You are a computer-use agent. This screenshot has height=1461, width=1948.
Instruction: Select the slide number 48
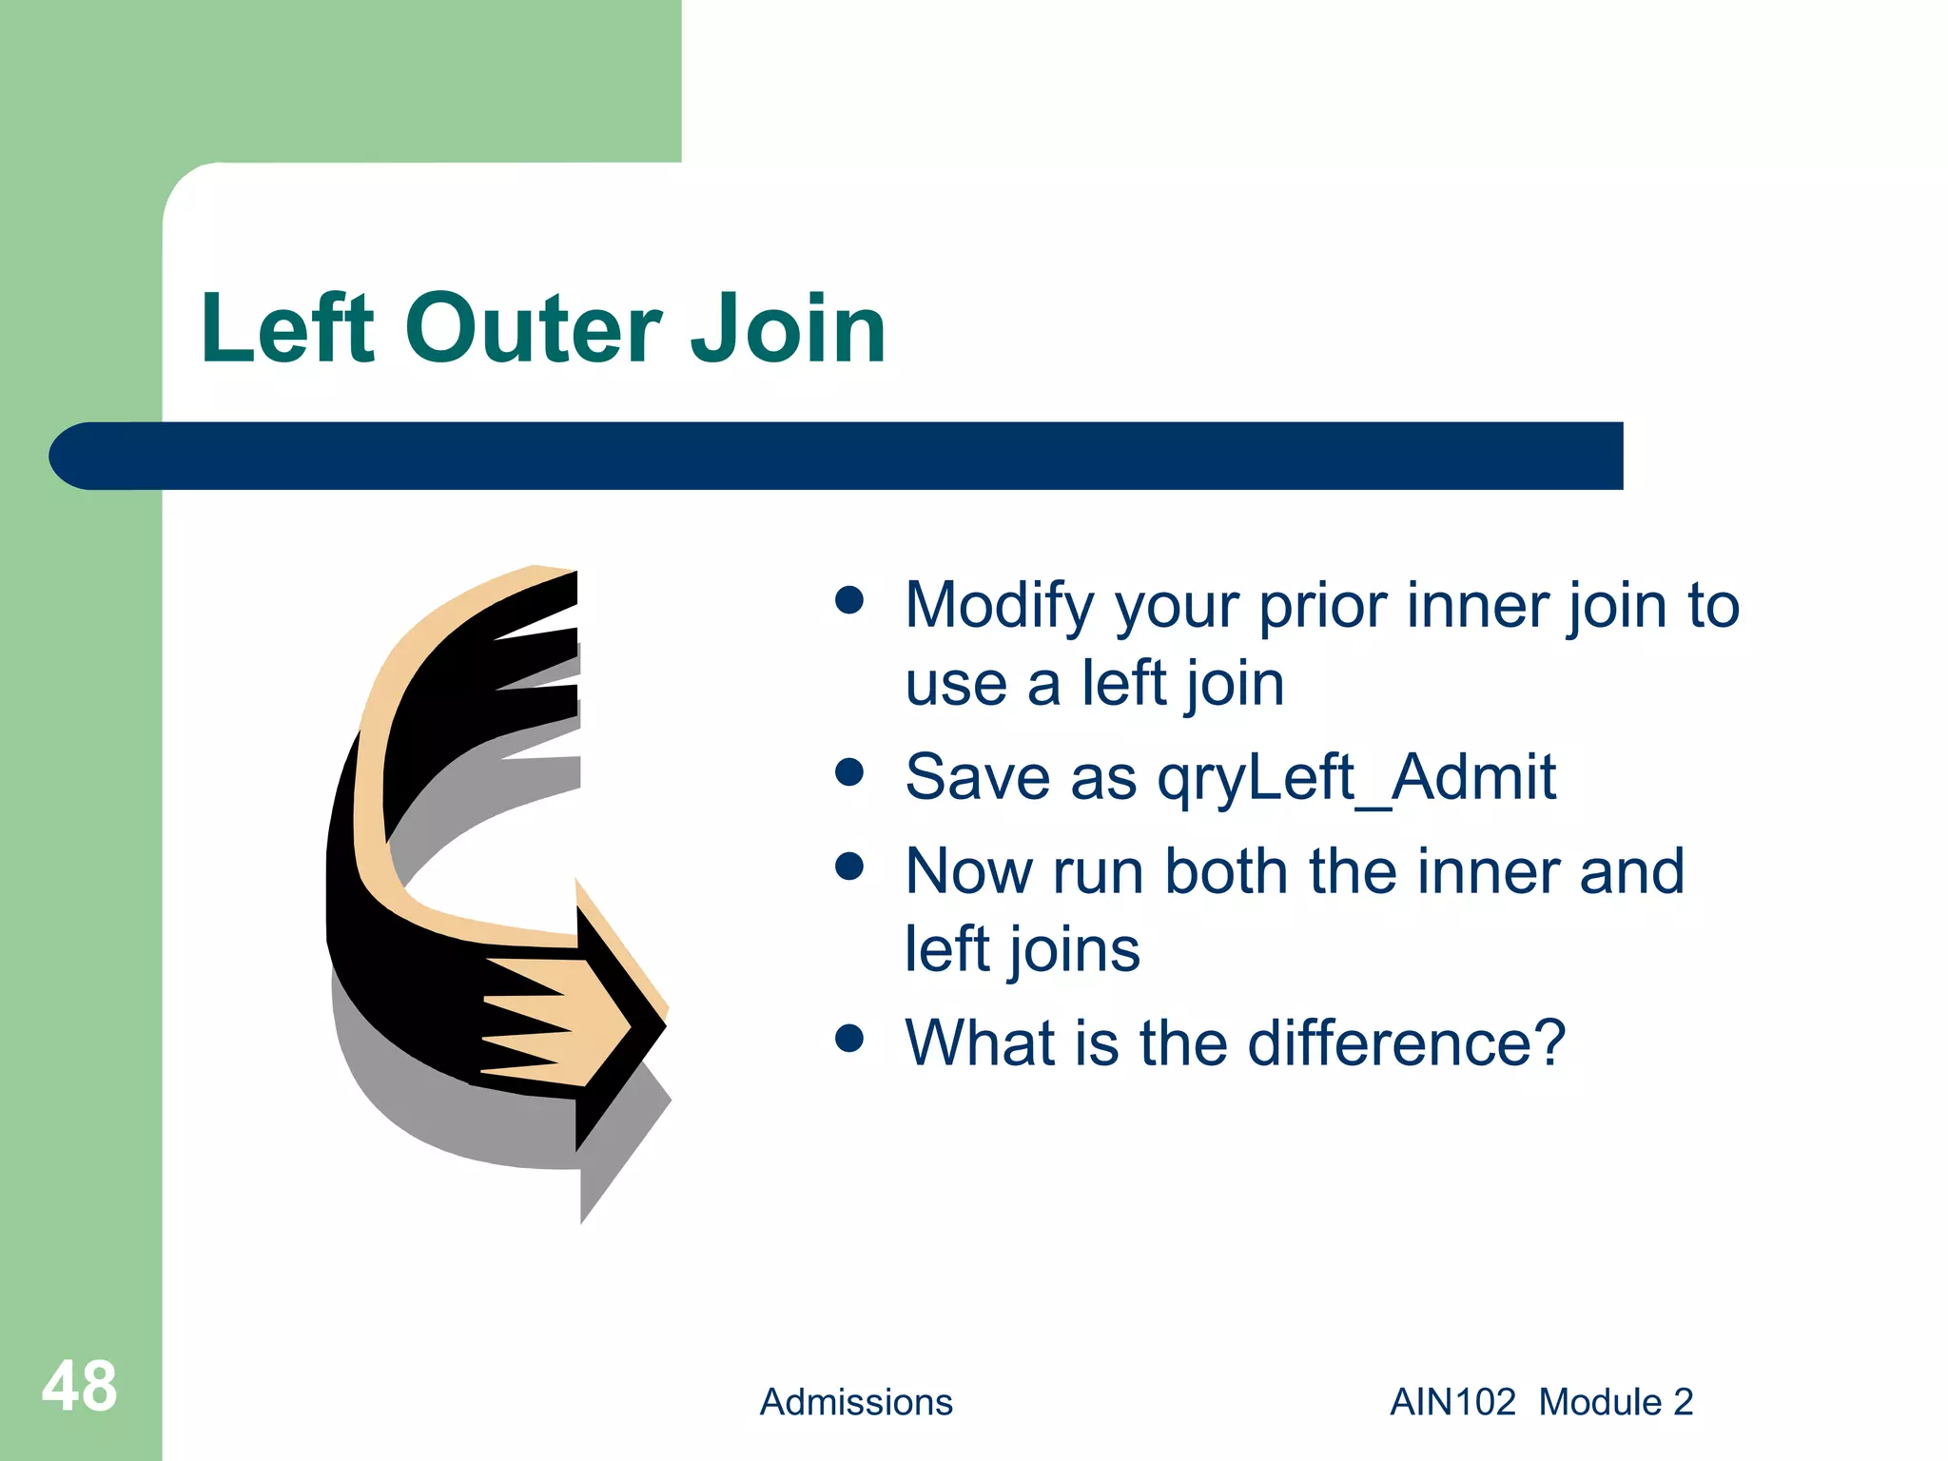[79, 1386]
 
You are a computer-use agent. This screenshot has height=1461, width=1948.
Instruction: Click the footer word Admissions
[855, 1402]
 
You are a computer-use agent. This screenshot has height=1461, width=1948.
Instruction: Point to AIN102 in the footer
[1451, 1402]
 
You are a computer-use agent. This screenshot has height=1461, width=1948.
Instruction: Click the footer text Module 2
[1615, 1402]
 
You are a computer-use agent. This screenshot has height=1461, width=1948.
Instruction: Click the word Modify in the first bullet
[999, 606]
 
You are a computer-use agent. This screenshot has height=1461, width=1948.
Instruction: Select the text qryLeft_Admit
[1355, 777]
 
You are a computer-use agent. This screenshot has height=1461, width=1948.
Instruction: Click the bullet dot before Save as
[848, 772]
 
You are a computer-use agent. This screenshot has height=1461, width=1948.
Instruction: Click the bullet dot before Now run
[848, 867]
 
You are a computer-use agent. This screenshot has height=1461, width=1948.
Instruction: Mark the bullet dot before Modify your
[848, 600]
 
